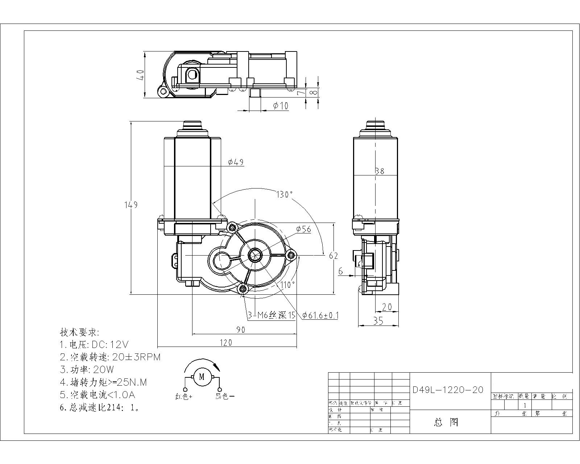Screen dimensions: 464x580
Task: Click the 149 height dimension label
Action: point(131,205)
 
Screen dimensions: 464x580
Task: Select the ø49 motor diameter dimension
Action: point(236,162)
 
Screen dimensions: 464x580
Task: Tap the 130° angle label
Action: point(284,194)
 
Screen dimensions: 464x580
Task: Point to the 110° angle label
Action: point(287,285)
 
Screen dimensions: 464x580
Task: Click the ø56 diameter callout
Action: point(303,229)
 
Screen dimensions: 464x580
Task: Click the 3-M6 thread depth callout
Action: point(272,315)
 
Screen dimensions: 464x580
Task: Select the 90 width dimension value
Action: point(241,330)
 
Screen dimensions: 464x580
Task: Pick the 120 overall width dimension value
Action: point(226,343)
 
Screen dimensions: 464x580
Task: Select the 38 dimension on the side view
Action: point(380,171)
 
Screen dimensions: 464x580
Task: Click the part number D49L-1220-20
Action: point(448,390)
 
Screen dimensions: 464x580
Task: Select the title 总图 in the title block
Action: point(446,422)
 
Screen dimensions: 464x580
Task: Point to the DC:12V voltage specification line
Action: point(94,344)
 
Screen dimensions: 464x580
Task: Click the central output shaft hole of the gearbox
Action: point(255,255)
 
